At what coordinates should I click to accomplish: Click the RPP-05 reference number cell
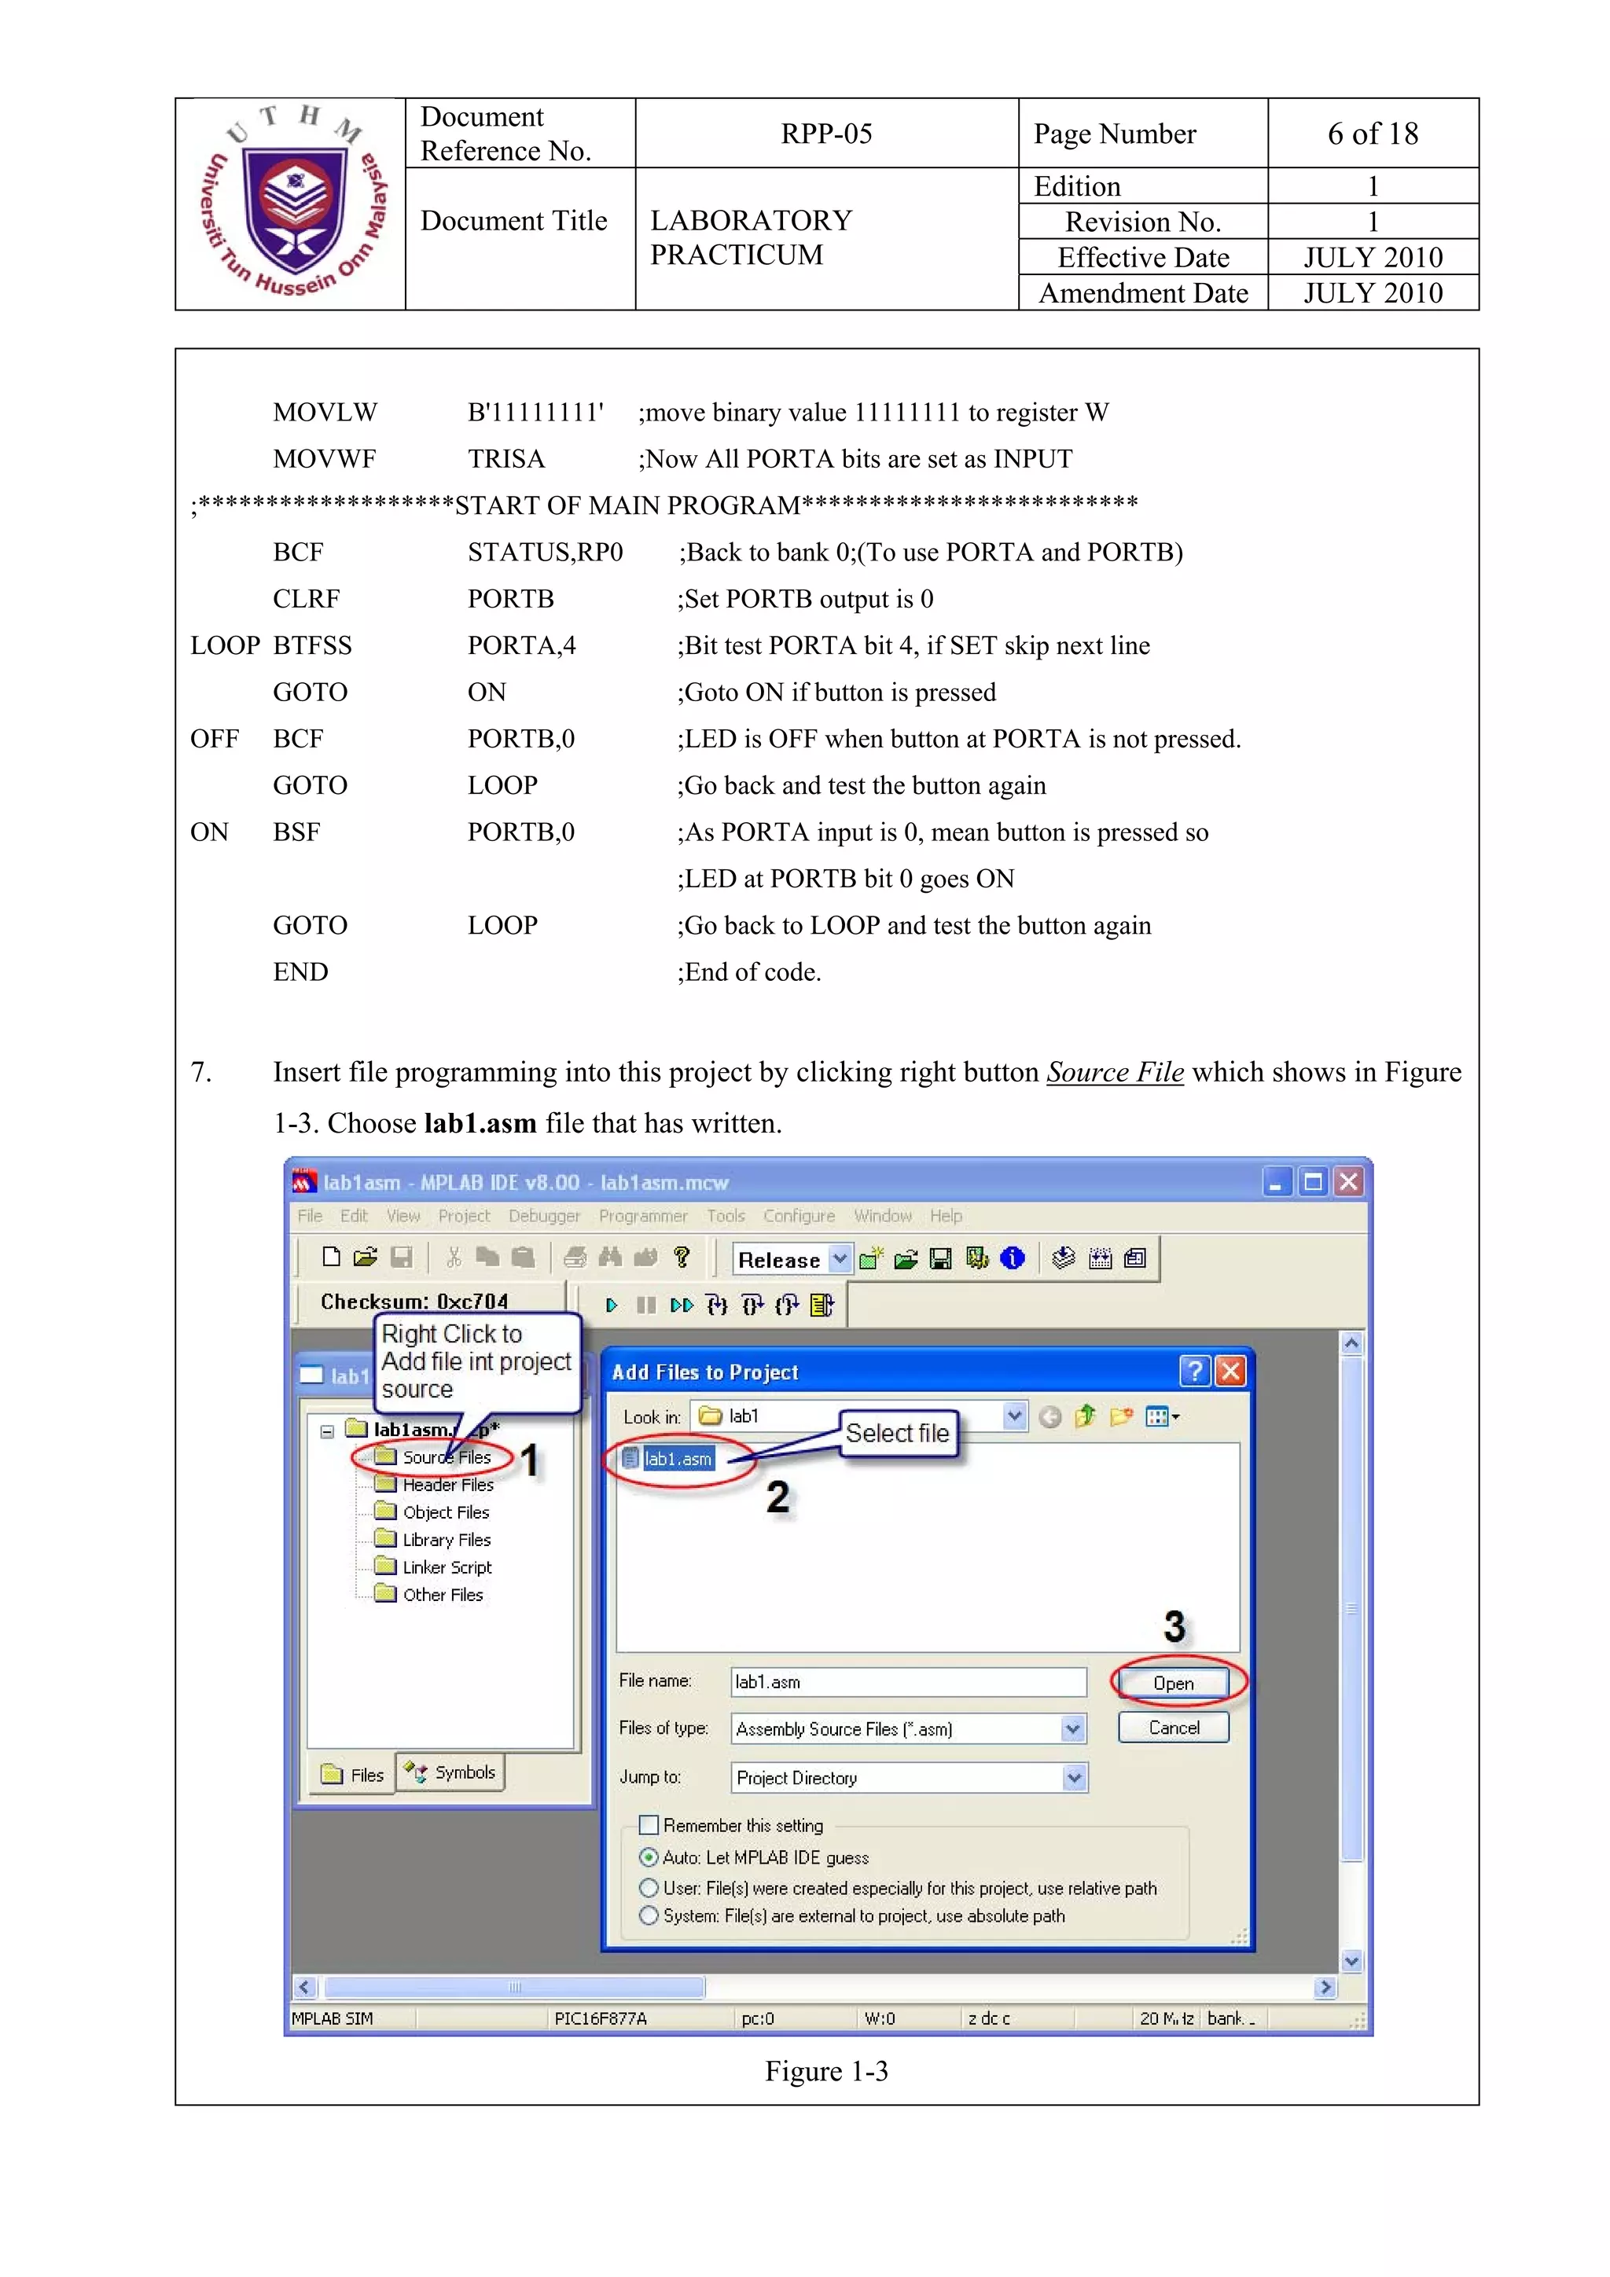coord(825,134)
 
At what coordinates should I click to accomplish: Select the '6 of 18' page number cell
coord(1372,134)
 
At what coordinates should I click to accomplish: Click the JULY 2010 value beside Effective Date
coord(1372,258)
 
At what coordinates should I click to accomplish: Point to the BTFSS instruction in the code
coord(312,645)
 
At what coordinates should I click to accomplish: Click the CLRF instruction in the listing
coord(306,599)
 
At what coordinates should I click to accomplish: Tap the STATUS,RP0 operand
coord(545,553)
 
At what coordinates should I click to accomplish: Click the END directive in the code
coord(300,972)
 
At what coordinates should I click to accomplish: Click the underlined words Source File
coord(1114,1072)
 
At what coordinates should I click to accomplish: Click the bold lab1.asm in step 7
coord(479,1124)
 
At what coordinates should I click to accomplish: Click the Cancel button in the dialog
coord(1173,1728)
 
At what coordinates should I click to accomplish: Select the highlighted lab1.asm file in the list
coord(678,1459)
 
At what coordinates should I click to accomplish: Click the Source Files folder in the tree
coord(446,1457)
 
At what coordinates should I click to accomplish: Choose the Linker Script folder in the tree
coord(446,1567)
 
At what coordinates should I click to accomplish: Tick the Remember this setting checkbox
coord(649,1825)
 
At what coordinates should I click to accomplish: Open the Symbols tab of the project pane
coord(451,1772)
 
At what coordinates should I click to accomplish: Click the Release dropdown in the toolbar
coord(792,1259)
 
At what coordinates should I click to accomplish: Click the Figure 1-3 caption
coord(825,2072)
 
